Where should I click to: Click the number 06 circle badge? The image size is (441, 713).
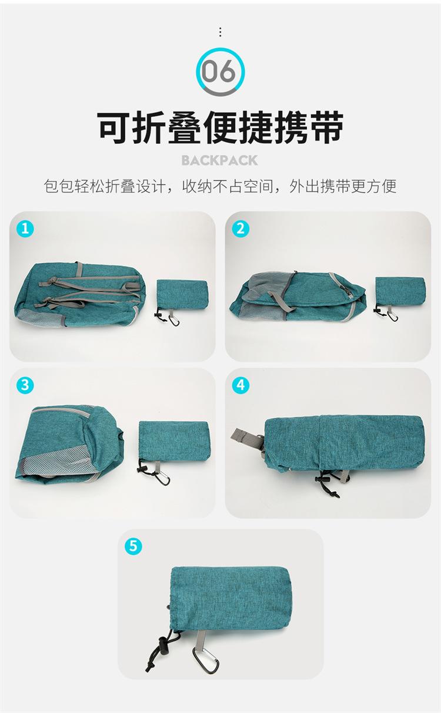220,72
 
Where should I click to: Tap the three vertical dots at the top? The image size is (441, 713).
220,32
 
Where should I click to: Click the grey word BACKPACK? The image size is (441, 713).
220,160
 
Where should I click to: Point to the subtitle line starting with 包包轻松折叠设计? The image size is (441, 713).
220,186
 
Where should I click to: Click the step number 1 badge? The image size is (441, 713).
25,228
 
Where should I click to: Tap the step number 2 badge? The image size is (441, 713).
240,228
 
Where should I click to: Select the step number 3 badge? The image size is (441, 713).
25,385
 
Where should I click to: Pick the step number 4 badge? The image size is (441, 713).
240,385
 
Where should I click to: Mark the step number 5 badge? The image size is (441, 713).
133,546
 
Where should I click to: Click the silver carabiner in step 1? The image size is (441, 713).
175,322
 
